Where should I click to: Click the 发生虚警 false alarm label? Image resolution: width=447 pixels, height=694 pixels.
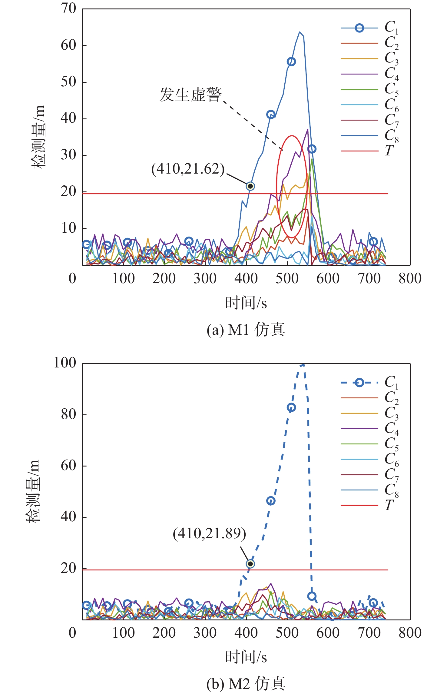coord(190,95)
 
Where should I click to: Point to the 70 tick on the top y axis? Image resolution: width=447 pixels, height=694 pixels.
coord(68,9)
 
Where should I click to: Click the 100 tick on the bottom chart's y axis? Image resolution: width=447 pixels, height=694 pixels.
coord(65,363)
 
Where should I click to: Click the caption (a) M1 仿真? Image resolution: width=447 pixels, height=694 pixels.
coord(246,330)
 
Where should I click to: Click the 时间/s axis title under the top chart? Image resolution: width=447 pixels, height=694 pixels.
coord(246,303)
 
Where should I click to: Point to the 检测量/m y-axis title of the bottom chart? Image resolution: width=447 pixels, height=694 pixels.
coord(32,491)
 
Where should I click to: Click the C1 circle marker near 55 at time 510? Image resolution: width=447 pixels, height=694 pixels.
coord(291,62)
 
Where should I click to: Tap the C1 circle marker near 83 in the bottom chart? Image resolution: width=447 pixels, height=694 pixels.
coord(291,407)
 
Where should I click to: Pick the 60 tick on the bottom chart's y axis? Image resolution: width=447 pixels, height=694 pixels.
coord(68,466)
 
